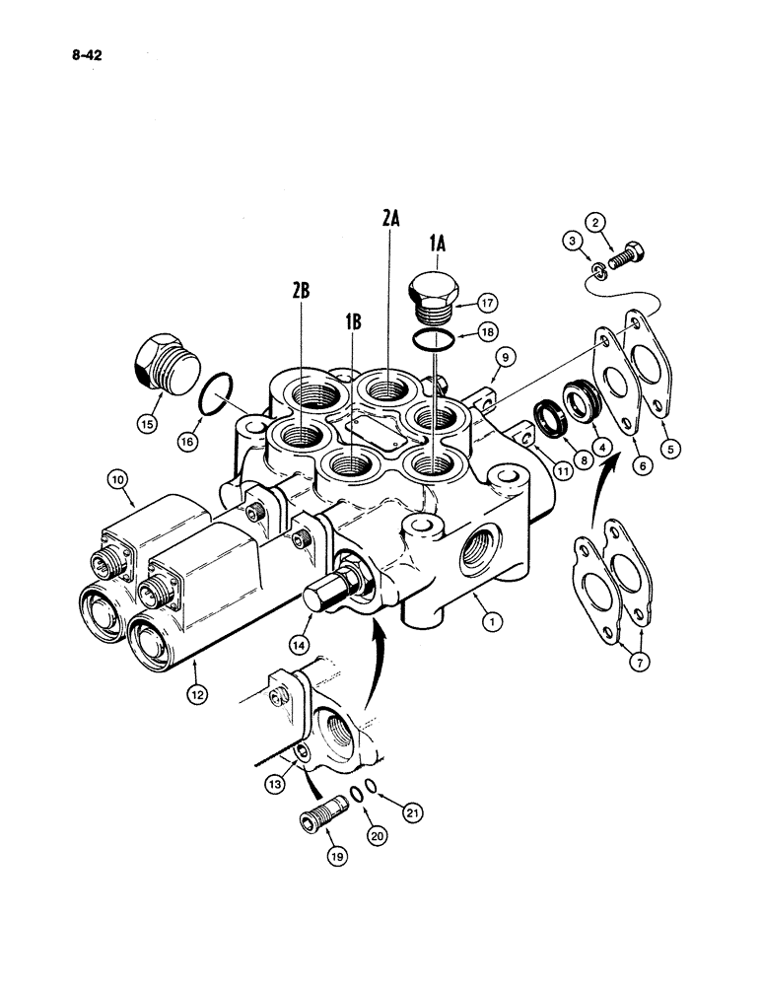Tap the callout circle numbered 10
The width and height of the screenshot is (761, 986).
pos(119,480)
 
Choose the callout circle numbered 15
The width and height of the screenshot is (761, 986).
pos(149,425)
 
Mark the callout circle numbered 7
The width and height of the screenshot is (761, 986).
pos(638,663)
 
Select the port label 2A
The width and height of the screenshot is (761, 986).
pos(390,220)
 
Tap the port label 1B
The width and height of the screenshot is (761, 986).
pos(353,323)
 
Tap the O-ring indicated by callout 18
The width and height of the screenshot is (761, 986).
pos(435,340)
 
